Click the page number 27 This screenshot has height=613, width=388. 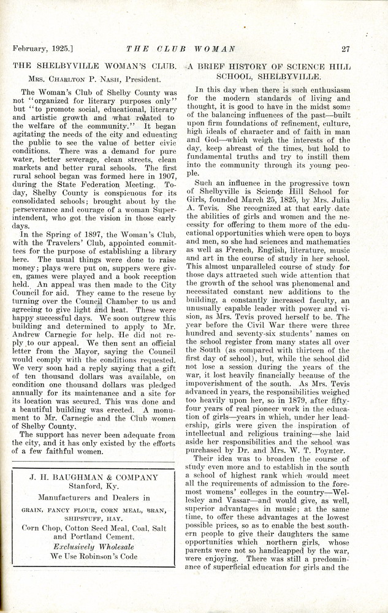coord(346,49)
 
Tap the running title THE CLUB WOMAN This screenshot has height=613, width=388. coord(178,49)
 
